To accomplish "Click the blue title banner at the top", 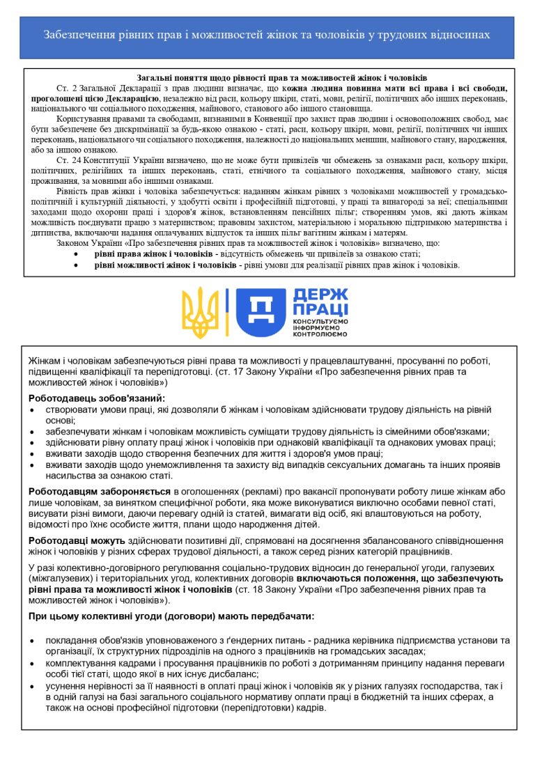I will coord(267,34).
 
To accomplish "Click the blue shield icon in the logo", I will coord(260,311).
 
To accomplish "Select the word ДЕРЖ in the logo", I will coord(318,295).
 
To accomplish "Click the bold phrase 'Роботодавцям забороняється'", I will coord(100,491).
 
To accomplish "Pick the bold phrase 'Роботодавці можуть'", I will coord(77,540).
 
